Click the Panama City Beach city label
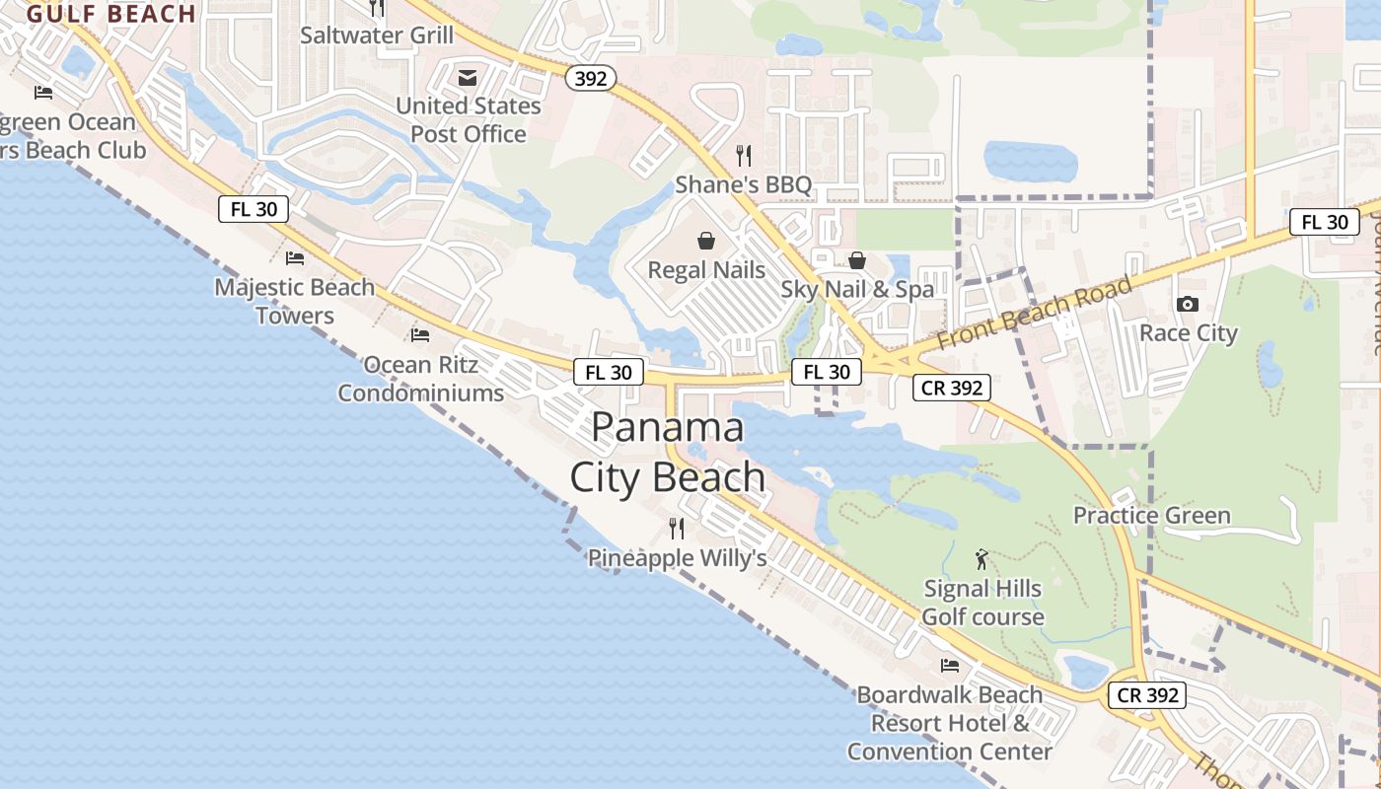point(668,453)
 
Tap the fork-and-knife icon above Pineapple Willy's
point(676,529)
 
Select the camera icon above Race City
point(1188,305)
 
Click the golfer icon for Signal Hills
point(981,560)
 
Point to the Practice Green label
point(1151,516)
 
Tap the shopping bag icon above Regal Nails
point(706,241)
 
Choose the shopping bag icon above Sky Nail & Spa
point(857,260)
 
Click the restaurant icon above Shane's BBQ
point(744,156)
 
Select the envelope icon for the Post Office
point(468,78)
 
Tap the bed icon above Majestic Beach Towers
point(294,258)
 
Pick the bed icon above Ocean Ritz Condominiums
point(420,335)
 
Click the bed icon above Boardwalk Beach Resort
point(950,666)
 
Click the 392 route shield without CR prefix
point(591,78)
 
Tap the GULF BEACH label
point(111,14)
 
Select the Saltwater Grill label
point(377,36)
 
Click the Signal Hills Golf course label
point(982,603)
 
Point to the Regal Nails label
point(706,269)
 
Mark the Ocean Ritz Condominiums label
point(421,379)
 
